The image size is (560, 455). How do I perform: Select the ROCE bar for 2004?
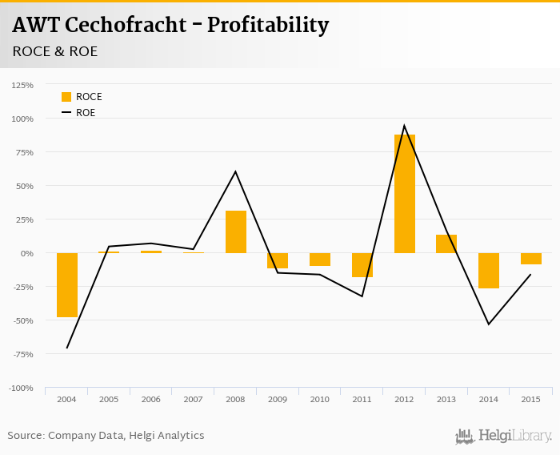[67, 284]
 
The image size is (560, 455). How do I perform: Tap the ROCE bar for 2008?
[236, 232]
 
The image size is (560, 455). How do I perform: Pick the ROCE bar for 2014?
[489, 270]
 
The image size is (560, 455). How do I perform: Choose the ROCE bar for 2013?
[446, 244]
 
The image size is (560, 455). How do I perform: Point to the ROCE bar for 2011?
[362, 264]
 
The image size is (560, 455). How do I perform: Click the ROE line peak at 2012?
[404, 126]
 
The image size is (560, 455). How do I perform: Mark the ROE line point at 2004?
[67, 348]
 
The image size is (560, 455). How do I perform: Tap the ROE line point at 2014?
[489, 324]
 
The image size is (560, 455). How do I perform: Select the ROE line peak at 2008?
[236, 171]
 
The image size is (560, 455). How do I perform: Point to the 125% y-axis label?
[22, 85]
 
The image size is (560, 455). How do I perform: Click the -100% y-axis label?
[21, 388]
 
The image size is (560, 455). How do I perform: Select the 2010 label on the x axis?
[320, 399]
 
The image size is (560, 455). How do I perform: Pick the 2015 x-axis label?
[531, 399]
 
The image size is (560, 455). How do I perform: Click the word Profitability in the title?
[268, 25]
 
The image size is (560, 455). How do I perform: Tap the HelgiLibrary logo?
[504, 436]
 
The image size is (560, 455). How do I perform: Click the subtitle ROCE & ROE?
[55, 51]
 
